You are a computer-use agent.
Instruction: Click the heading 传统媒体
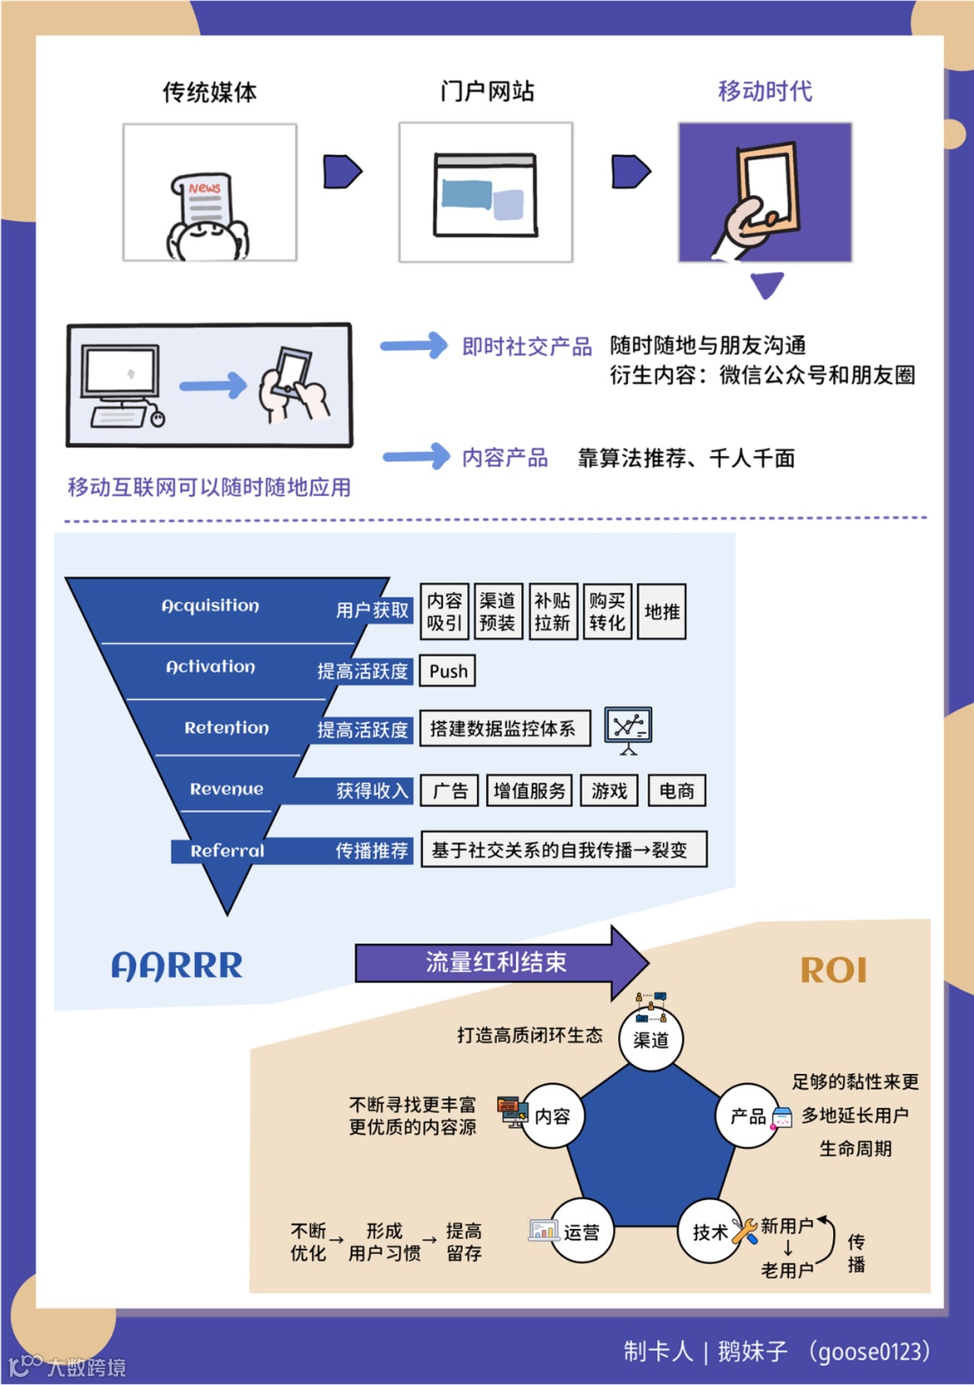pos(209,92)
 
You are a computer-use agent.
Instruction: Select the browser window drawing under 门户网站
pos(485,194)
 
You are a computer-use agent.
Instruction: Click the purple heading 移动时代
pos(765,91)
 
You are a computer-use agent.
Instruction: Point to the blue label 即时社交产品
pos(527,347)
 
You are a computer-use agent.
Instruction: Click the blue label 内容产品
pos(504,458)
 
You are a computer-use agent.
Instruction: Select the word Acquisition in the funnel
pos(210,606)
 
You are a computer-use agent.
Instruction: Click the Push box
pos(447,671)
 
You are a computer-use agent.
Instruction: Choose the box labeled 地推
pos(662,612)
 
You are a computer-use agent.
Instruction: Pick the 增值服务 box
pos(528,791)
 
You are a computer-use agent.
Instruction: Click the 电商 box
pos(676,791)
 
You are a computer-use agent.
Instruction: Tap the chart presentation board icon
pos(628,728)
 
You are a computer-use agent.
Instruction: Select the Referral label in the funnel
pos(227,850)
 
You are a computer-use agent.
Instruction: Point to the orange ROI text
pos(833,970)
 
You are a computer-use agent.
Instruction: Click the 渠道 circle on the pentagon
pos(651,1040)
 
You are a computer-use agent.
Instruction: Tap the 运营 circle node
pos(582,1231)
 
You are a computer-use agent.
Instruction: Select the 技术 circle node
pos(710,1231)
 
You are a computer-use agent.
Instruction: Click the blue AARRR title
pos(177,966)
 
